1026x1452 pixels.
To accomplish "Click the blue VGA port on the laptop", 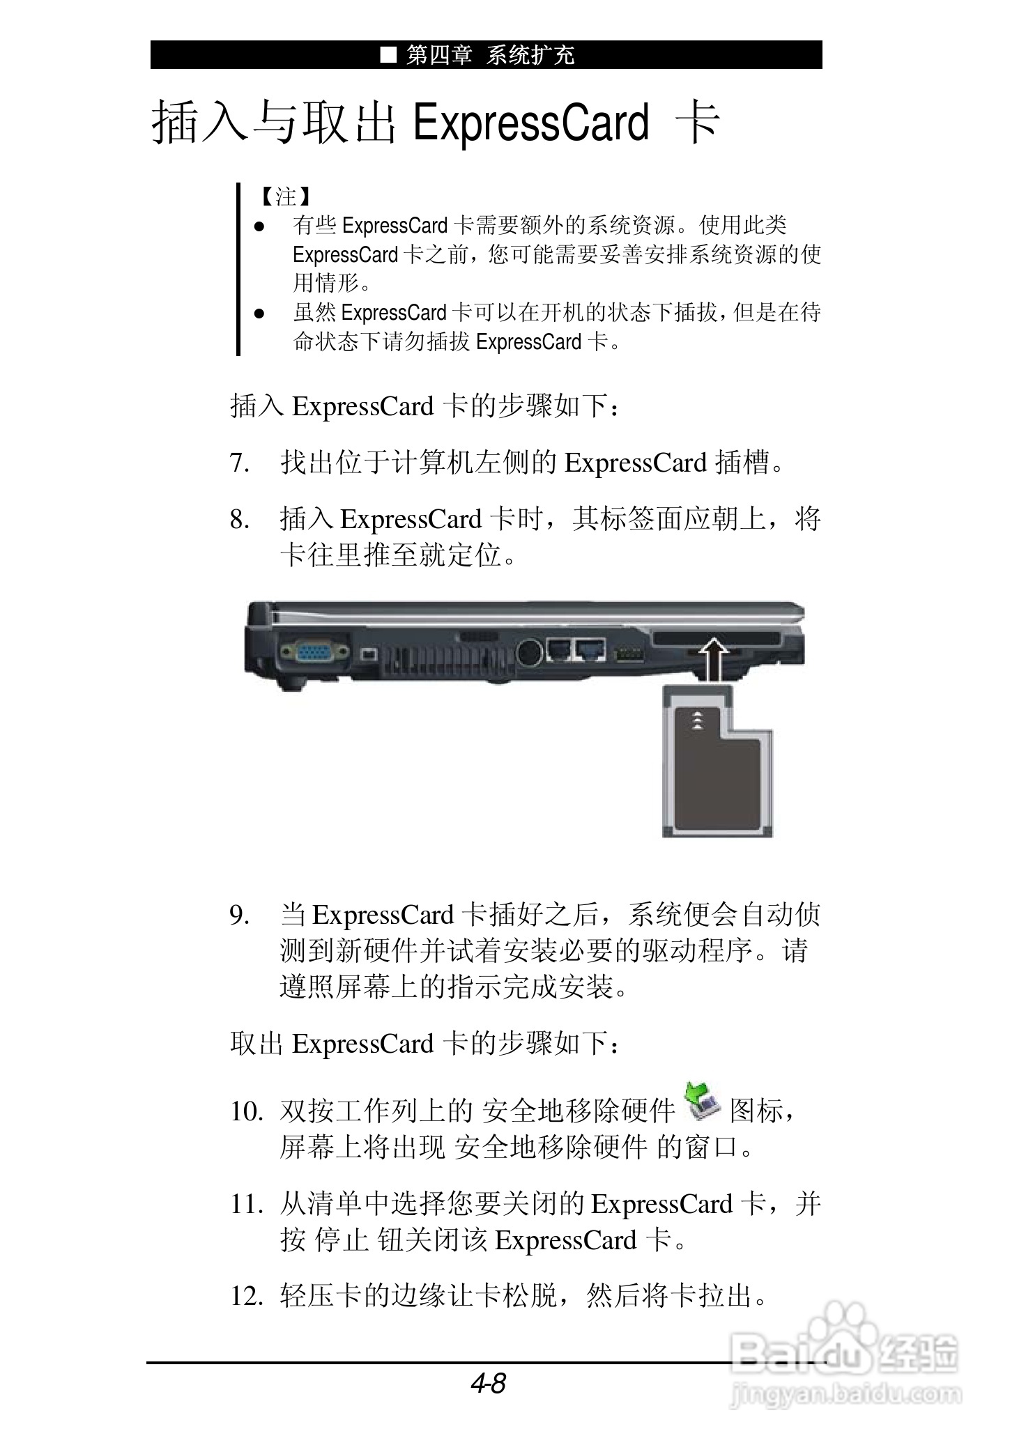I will [x=314, y=652].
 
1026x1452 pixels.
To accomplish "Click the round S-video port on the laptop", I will [x=530, y=651].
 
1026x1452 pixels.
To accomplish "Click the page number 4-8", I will [x=489, y=1384].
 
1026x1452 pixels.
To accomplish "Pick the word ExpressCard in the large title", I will [x=531, y=123].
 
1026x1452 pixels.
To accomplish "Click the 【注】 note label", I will [x=285, y=196].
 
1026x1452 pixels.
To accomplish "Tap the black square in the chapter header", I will [x=388, y=54].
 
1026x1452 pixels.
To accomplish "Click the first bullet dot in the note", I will [x=259, y=226].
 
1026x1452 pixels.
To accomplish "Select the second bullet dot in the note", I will [x=259, y=314].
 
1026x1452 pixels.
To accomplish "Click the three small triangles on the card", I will [x=696, y=720].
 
